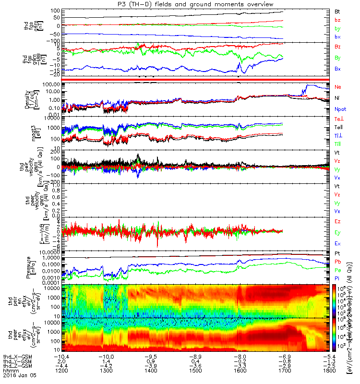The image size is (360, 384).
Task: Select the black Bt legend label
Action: pos(337,11)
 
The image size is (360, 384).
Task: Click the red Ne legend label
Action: pos(337,87)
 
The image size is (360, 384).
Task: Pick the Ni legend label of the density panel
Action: pos(337,98)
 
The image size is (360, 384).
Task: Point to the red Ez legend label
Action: pos(337,221)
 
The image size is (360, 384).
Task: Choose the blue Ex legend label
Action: pos(337,243)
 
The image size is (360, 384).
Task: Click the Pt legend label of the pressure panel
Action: pos(337,253)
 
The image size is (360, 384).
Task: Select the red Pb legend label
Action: pos(337,262)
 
